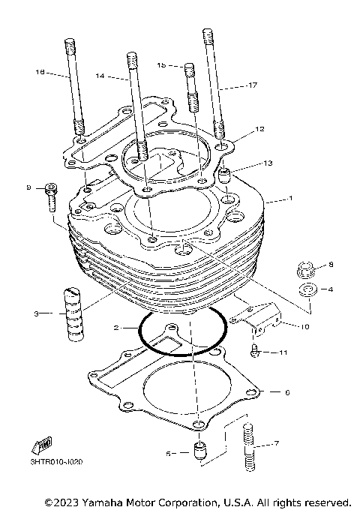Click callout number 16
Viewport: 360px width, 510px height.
click(40, 72)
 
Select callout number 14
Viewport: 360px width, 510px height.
click(101, 76)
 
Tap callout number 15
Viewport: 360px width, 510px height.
click(161, 65)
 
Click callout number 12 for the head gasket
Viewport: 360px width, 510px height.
click(259, 129)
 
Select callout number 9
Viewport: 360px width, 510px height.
click(28, 187)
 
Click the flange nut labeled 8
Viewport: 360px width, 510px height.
click(306, 267)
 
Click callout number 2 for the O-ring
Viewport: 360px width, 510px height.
click(116, 328)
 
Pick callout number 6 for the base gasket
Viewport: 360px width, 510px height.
click(286, 392)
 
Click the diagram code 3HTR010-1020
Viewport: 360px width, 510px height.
click(57, 462)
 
